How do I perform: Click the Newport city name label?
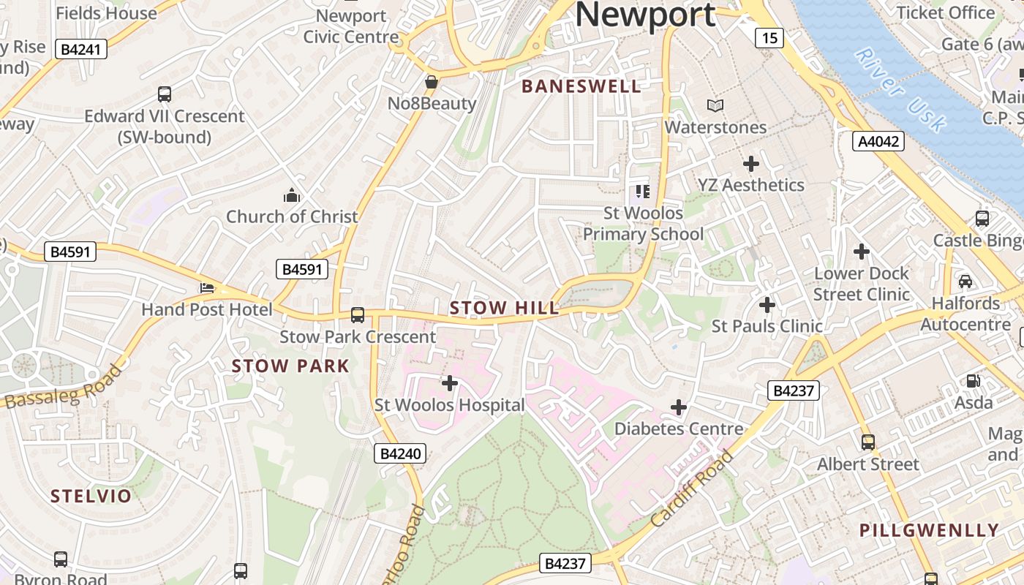pyautogui.click(x=645, y=15)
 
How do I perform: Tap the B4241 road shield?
pyautogui.click(x=83, y=50)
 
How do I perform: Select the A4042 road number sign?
pyautogui.click(x=878, y=141)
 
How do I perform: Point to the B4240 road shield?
pyautogui.click(x=401, y=454)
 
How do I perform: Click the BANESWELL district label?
pyautogui.click(x=581, y=86)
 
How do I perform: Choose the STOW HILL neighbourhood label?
pyautogui.click(x=504, y=309)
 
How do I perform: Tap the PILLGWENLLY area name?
pyautogui.click(x=929, y=530)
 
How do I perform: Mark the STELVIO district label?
pyautogui.click(x=91, y=497)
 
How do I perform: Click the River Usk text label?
pyautogui.click(x=900, y=89)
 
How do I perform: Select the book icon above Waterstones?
pyautogui.click(x=715, y=106)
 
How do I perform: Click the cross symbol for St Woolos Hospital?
pyautogui.click(x=450, y=383)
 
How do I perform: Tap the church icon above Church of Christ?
pyautogui.click(x=292, y=195)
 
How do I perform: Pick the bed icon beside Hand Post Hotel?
pyautogui.click(x=207, y=288)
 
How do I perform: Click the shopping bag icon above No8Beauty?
pyautogui.click(x=432, y=82)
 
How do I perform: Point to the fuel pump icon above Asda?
pyautogui.click(x=973, y=380)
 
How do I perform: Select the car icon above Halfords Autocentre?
pyautogui.click(x=965, y=281)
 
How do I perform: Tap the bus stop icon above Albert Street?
pyautogui.click(x=868, y=442)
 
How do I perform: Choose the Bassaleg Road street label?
pyautogui.click(x=64, y=388)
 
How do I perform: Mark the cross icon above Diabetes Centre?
pyautogui.click(x=679, y=407)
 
